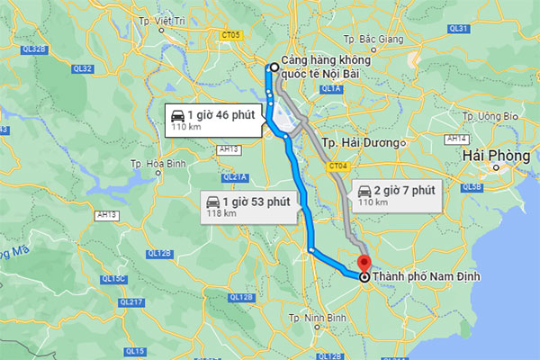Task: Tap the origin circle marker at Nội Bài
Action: coord(272,66)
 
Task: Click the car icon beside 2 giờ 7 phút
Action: coord(364,191)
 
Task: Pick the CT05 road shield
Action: coord(231,35)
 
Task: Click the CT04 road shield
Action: coord(338,166)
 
